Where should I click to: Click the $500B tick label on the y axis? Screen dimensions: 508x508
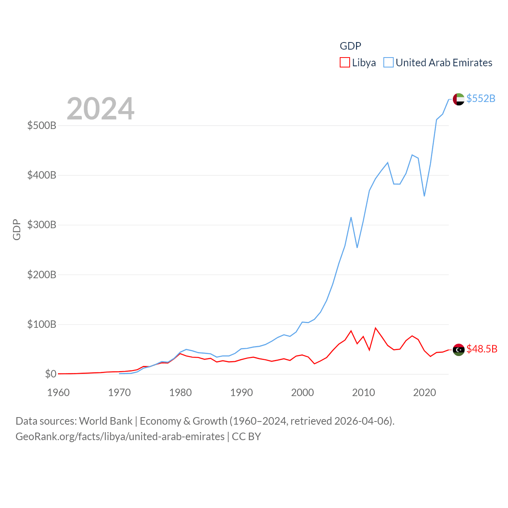(x=42, y=126)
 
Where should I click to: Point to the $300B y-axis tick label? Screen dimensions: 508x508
(x=42, y=225)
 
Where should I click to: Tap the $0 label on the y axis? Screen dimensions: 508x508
(x=50, y=374)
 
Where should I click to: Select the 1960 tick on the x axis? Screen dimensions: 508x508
(x=58, y=393)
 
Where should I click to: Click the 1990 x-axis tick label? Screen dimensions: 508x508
(x=241, y=393)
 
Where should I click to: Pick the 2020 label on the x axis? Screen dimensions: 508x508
(x=424, y=393)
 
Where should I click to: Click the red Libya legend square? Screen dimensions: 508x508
(x=344, y=63)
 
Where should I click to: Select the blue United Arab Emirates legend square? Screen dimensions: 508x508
(x=388, y=63)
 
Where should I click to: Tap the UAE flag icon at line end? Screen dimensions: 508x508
(x=458, y=99)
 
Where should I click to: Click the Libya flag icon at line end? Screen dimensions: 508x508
(x=458, y=350)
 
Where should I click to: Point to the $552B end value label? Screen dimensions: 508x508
(x=481, y=98)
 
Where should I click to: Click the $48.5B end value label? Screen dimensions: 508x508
(x=482, y=349)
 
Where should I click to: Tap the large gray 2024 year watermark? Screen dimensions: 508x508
(x=100, y=108)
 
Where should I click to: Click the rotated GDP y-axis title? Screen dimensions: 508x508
(x=17, y=229)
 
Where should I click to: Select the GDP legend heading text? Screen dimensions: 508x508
(x=350, y=46)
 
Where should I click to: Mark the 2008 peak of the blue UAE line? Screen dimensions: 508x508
(x=351, y=217)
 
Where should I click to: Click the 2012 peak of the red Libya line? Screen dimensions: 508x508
(x=375, y=328)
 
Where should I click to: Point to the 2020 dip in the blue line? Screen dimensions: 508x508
(x=424, y=196)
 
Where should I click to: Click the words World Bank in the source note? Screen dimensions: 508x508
(x=106, y=421)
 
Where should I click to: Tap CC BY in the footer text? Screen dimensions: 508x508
(x=246, y=437)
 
